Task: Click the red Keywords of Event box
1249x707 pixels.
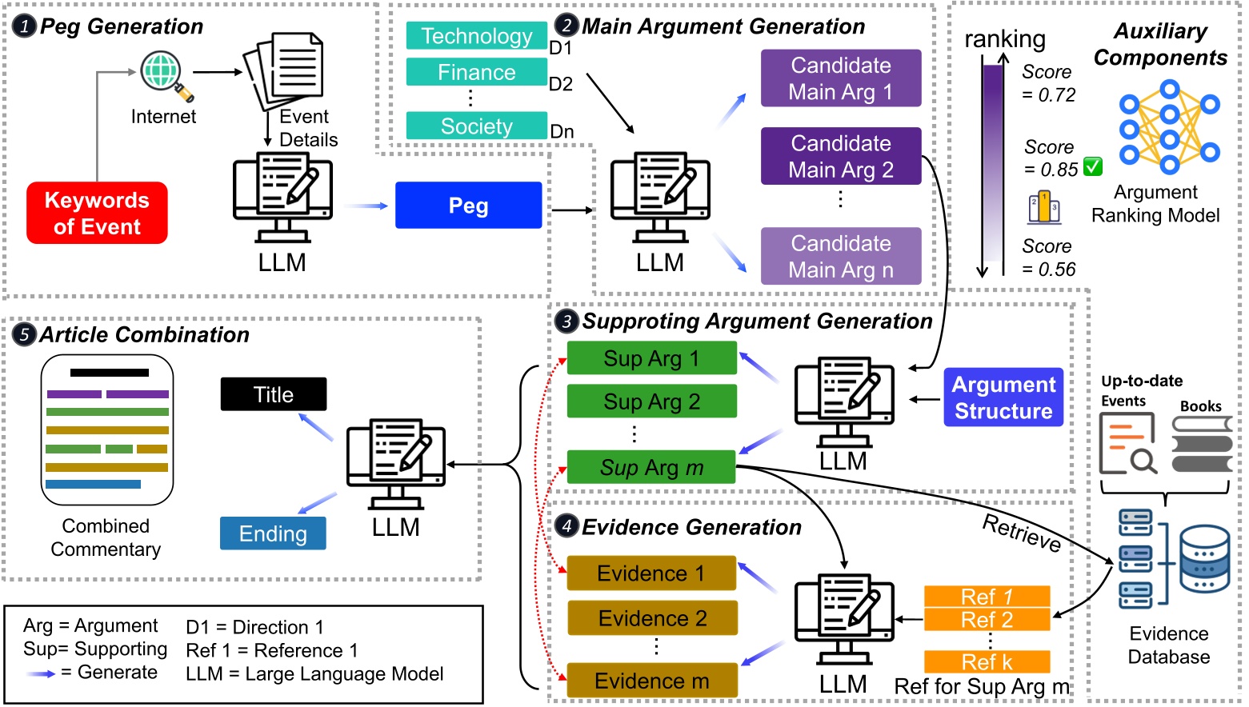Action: (x=97, y=213)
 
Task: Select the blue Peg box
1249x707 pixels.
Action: (x=468, y=206)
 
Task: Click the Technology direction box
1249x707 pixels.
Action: (x=476, y=36)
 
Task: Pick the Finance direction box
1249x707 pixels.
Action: (x=476, y=72)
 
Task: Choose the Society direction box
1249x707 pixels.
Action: (x=476, y=126)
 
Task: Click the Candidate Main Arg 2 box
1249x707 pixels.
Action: (x=840, y=156)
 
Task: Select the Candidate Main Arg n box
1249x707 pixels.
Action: (x=840, y=256)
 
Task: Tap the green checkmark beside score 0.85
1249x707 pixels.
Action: (x=1092, y=166)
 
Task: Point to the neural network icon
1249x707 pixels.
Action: (x=1169, y=127)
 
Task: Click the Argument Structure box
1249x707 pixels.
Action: (x=1003, y=397)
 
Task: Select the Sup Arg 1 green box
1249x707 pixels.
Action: (x=651, y=358)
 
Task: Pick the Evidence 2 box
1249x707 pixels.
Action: (x=651, y=618)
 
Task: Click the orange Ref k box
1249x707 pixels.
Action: (x=987, y=662)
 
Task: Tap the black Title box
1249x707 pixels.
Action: (x=273, y=394)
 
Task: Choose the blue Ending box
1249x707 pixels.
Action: (x=273, y=533)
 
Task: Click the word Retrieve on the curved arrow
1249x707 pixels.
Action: (x=1022, y=532)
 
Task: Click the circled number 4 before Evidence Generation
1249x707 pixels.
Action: (x=566, y=526)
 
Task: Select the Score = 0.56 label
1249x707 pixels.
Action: (x=1048, y=258)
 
